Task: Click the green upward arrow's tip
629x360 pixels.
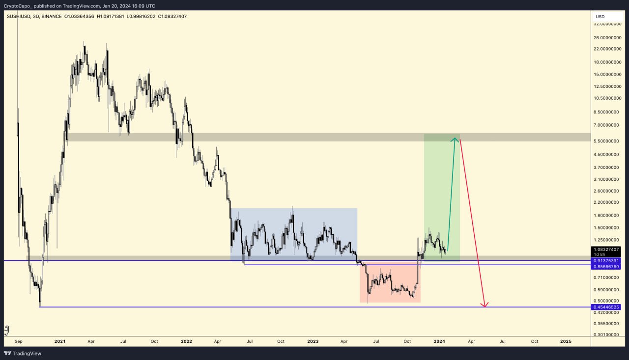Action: (x=456, y=139)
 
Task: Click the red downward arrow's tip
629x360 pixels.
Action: (x=485, y=307)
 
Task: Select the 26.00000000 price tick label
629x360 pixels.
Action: (x=607, y=37)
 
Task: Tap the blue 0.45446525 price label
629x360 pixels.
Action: (x=607, y=307)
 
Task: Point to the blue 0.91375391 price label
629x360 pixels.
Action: (x=607, y=260)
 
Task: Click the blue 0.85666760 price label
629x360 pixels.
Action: (x=607, y=266)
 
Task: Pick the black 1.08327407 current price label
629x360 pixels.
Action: (x=607, y=249)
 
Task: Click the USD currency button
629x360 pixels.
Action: (x=600, y=16)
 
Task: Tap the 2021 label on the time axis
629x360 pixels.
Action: (x=60, y=341)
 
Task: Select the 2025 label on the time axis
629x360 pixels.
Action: (x=566, y=341)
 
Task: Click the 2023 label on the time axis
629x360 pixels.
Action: (x=313, y=341)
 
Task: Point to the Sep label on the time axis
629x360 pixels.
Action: (x=19, y=341)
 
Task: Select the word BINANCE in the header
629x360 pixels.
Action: (x=53, y=16)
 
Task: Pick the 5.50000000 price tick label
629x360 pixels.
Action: (x=607, y=141)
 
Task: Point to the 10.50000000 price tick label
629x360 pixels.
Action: (x=607, y=98)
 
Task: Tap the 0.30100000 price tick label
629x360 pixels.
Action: (x=607, y=334)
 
